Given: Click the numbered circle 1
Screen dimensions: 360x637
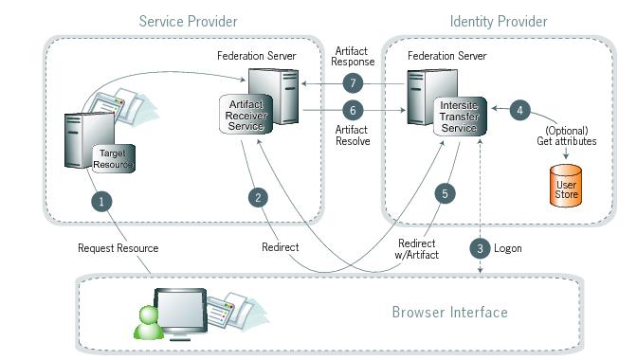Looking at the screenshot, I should point(101,201).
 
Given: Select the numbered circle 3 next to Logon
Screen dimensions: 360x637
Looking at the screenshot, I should point(481,248).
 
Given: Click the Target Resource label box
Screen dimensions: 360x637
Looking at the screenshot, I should point(113,158).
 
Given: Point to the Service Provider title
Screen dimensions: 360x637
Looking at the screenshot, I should point(188,21).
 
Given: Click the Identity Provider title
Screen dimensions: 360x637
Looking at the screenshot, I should point(498,21).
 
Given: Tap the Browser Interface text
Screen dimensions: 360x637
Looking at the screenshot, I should point(449,312).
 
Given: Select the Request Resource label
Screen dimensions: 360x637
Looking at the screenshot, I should point(118,248).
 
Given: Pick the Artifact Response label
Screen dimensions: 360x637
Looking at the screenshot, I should point(355,56).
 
